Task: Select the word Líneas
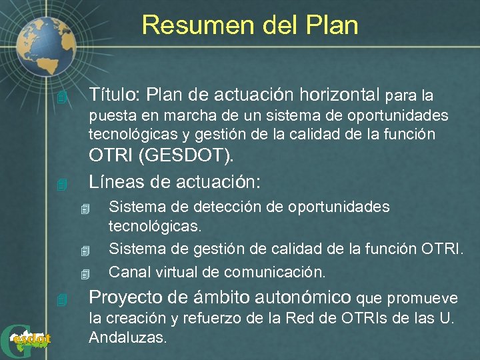pyautogui.click(x=116, y=181)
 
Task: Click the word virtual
pyautogui.click(x=175, y=272)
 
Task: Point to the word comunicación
pyautogui.click(x=275, y=272)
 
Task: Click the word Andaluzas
pyautogui.click(x=127, y=337)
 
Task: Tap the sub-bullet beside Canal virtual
pyautogui.click(x=84, y=274)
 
